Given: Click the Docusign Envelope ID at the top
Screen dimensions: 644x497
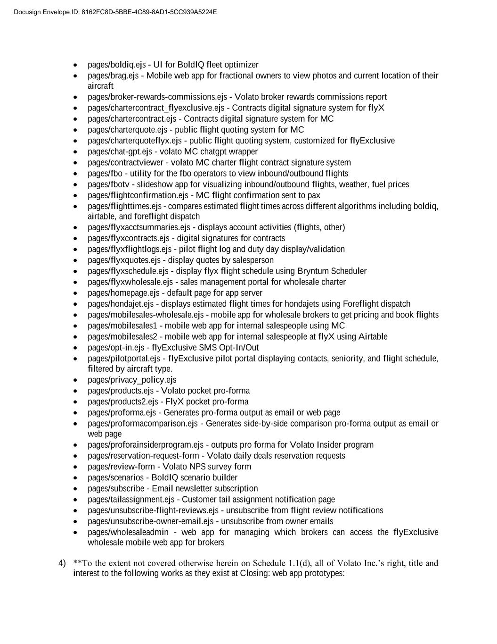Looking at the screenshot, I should tap(115, 12).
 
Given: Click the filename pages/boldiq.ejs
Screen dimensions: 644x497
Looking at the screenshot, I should tap(117, 65).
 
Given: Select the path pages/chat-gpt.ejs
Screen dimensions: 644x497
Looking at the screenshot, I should tap(120, 151).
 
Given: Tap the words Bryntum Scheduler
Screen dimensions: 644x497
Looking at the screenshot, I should tap(332, 271).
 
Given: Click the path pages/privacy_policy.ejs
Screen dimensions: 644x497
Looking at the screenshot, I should tap(132, 380).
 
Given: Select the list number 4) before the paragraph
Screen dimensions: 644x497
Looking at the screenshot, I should tap(62, 563).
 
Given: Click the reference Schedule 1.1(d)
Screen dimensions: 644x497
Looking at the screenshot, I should tap(282, 563).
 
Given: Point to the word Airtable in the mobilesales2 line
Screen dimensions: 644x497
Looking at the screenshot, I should tap(373, 336).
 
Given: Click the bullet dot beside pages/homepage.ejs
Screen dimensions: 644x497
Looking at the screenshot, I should tap(76, 293).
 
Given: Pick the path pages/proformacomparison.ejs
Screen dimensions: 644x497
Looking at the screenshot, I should tap(143, 423).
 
